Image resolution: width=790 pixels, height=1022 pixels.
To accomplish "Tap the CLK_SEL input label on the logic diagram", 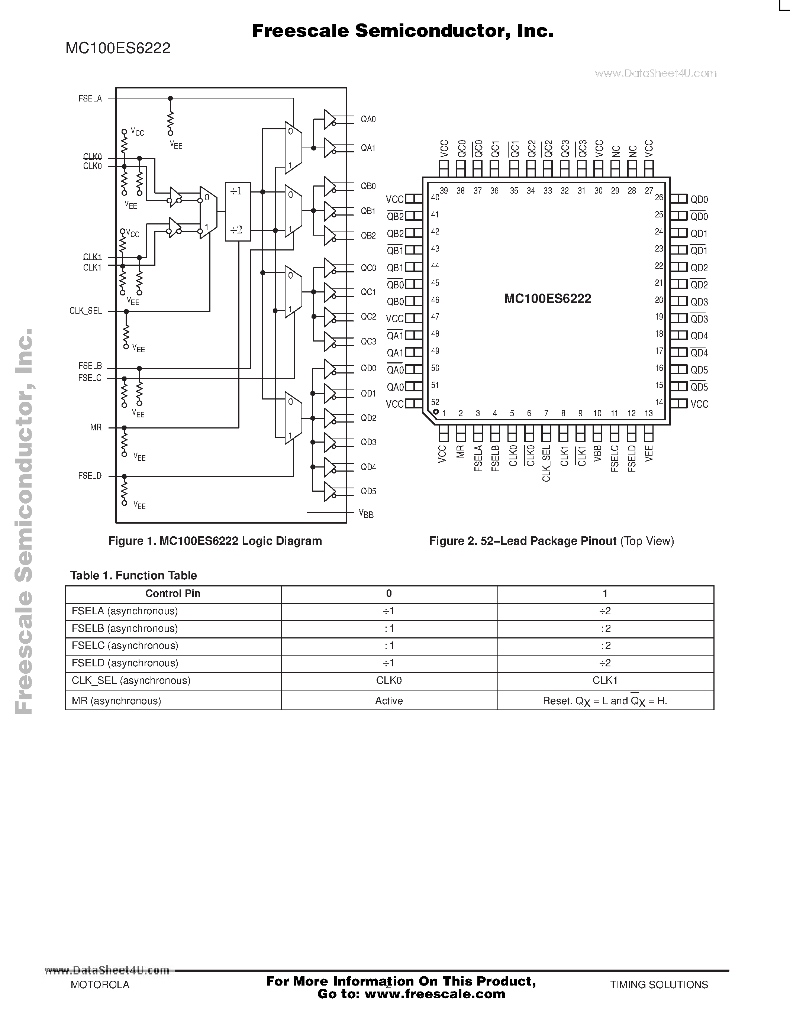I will click(x=86, y=311).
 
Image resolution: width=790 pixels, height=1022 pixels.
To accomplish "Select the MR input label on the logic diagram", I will click(x=96, y=427).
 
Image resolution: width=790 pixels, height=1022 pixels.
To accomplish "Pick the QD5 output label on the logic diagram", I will click(x=368, y=491).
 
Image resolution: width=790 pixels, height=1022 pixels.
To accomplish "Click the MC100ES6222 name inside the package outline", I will click(x=548, y=298).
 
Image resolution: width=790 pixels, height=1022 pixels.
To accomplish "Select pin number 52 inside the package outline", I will click(x=435, y=402).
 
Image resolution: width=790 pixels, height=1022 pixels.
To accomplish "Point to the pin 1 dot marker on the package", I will click(x=436, y=412).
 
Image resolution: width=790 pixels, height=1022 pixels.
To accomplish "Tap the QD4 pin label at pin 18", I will click(x=699, y=336).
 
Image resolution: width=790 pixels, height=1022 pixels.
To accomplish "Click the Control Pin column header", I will click(x=173, y=594).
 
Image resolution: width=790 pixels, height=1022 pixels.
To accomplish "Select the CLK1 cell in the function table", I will click(x=605, y=680).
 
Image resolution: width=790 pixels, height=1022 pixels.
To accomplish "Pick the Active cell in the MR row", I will click(x=389, y=701).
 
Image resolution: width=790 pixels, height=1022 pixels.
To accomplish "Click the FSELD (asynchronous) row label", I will click(x=125, y=663).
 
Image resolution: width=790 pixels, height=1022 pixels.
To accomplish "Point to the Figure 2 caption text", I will click(x=551, y=541).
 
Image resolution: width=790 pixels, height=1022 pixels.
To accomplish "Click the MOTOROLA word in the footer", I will click(x=100, y=984).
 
